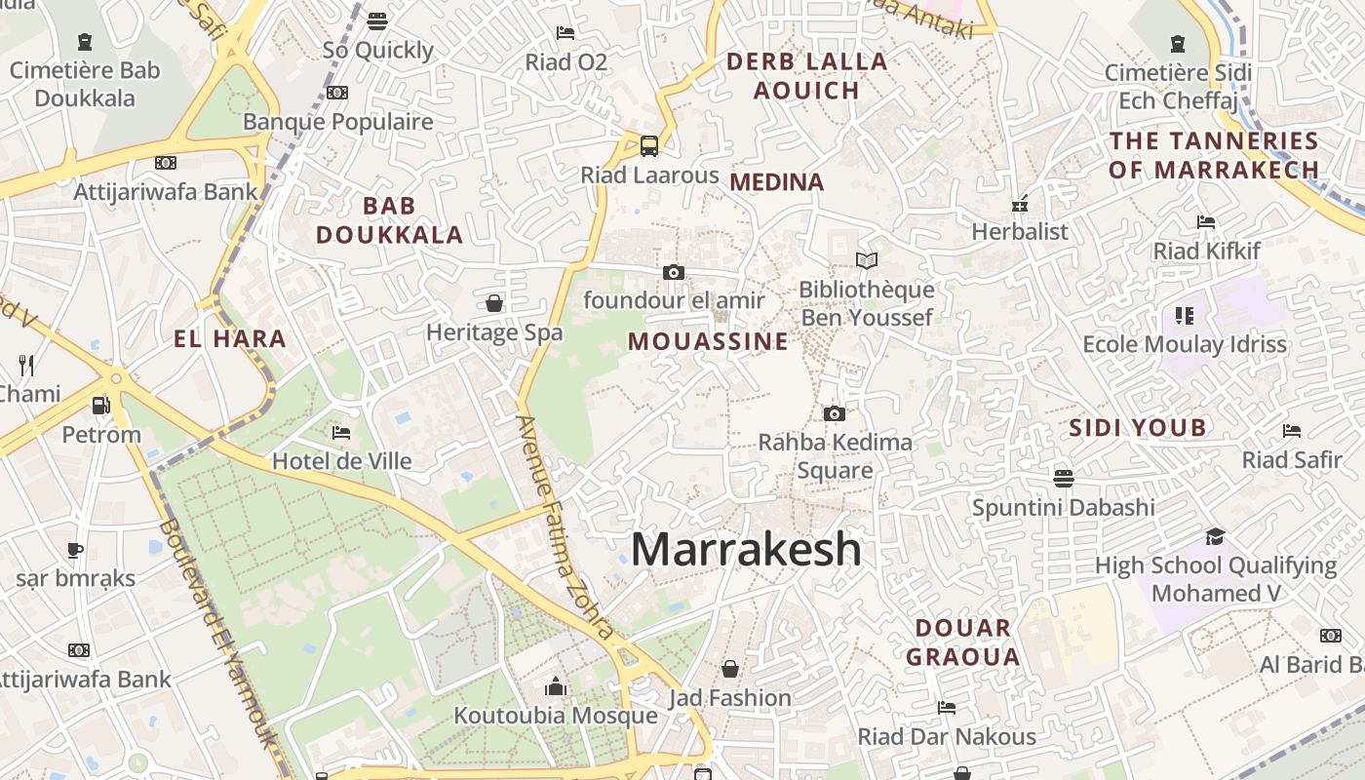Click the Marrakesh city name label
coord(746,550)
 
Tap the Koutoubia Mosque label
coord(556,716)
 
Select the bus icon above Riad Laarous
coord(649,146)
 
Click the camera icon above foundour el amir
coord(673,272)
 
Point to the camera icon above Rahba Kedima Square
coord(834,413)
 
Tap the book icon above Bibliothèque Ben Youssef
coord(867,260)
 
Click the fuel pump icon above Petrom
coord(100,406)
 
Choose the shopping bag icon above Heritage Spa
coord(494,303)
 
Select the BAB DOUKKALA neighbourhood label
coord(389,220)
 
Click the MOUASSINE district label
coord(708,341)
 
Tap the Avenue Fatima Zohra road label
coord(565,526)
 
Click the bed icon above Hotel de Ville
coord(341,432)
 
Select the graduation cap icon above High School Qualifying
coord(1215,536)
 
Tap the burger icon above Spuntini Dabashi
coord(1063,478)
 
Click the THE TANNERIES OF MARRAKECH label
coord(1214,155)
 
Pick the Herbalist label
coord(1020,231)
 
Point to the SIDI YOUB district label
coord(1137,427)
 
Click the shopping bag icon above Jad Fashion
coord(729,669)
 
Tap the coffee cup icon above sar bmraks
coord(75,550)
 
